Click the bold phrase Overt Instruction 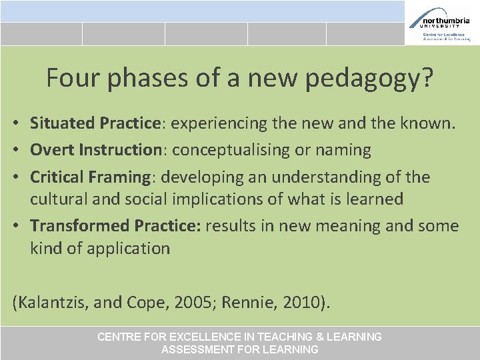pos(96,150)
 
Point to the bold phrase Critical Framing pos(90,177)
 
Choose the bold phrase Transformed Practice pos(115,226)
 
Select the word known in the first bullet pos(425,123)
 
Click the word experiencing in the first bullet pos(221,123)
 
